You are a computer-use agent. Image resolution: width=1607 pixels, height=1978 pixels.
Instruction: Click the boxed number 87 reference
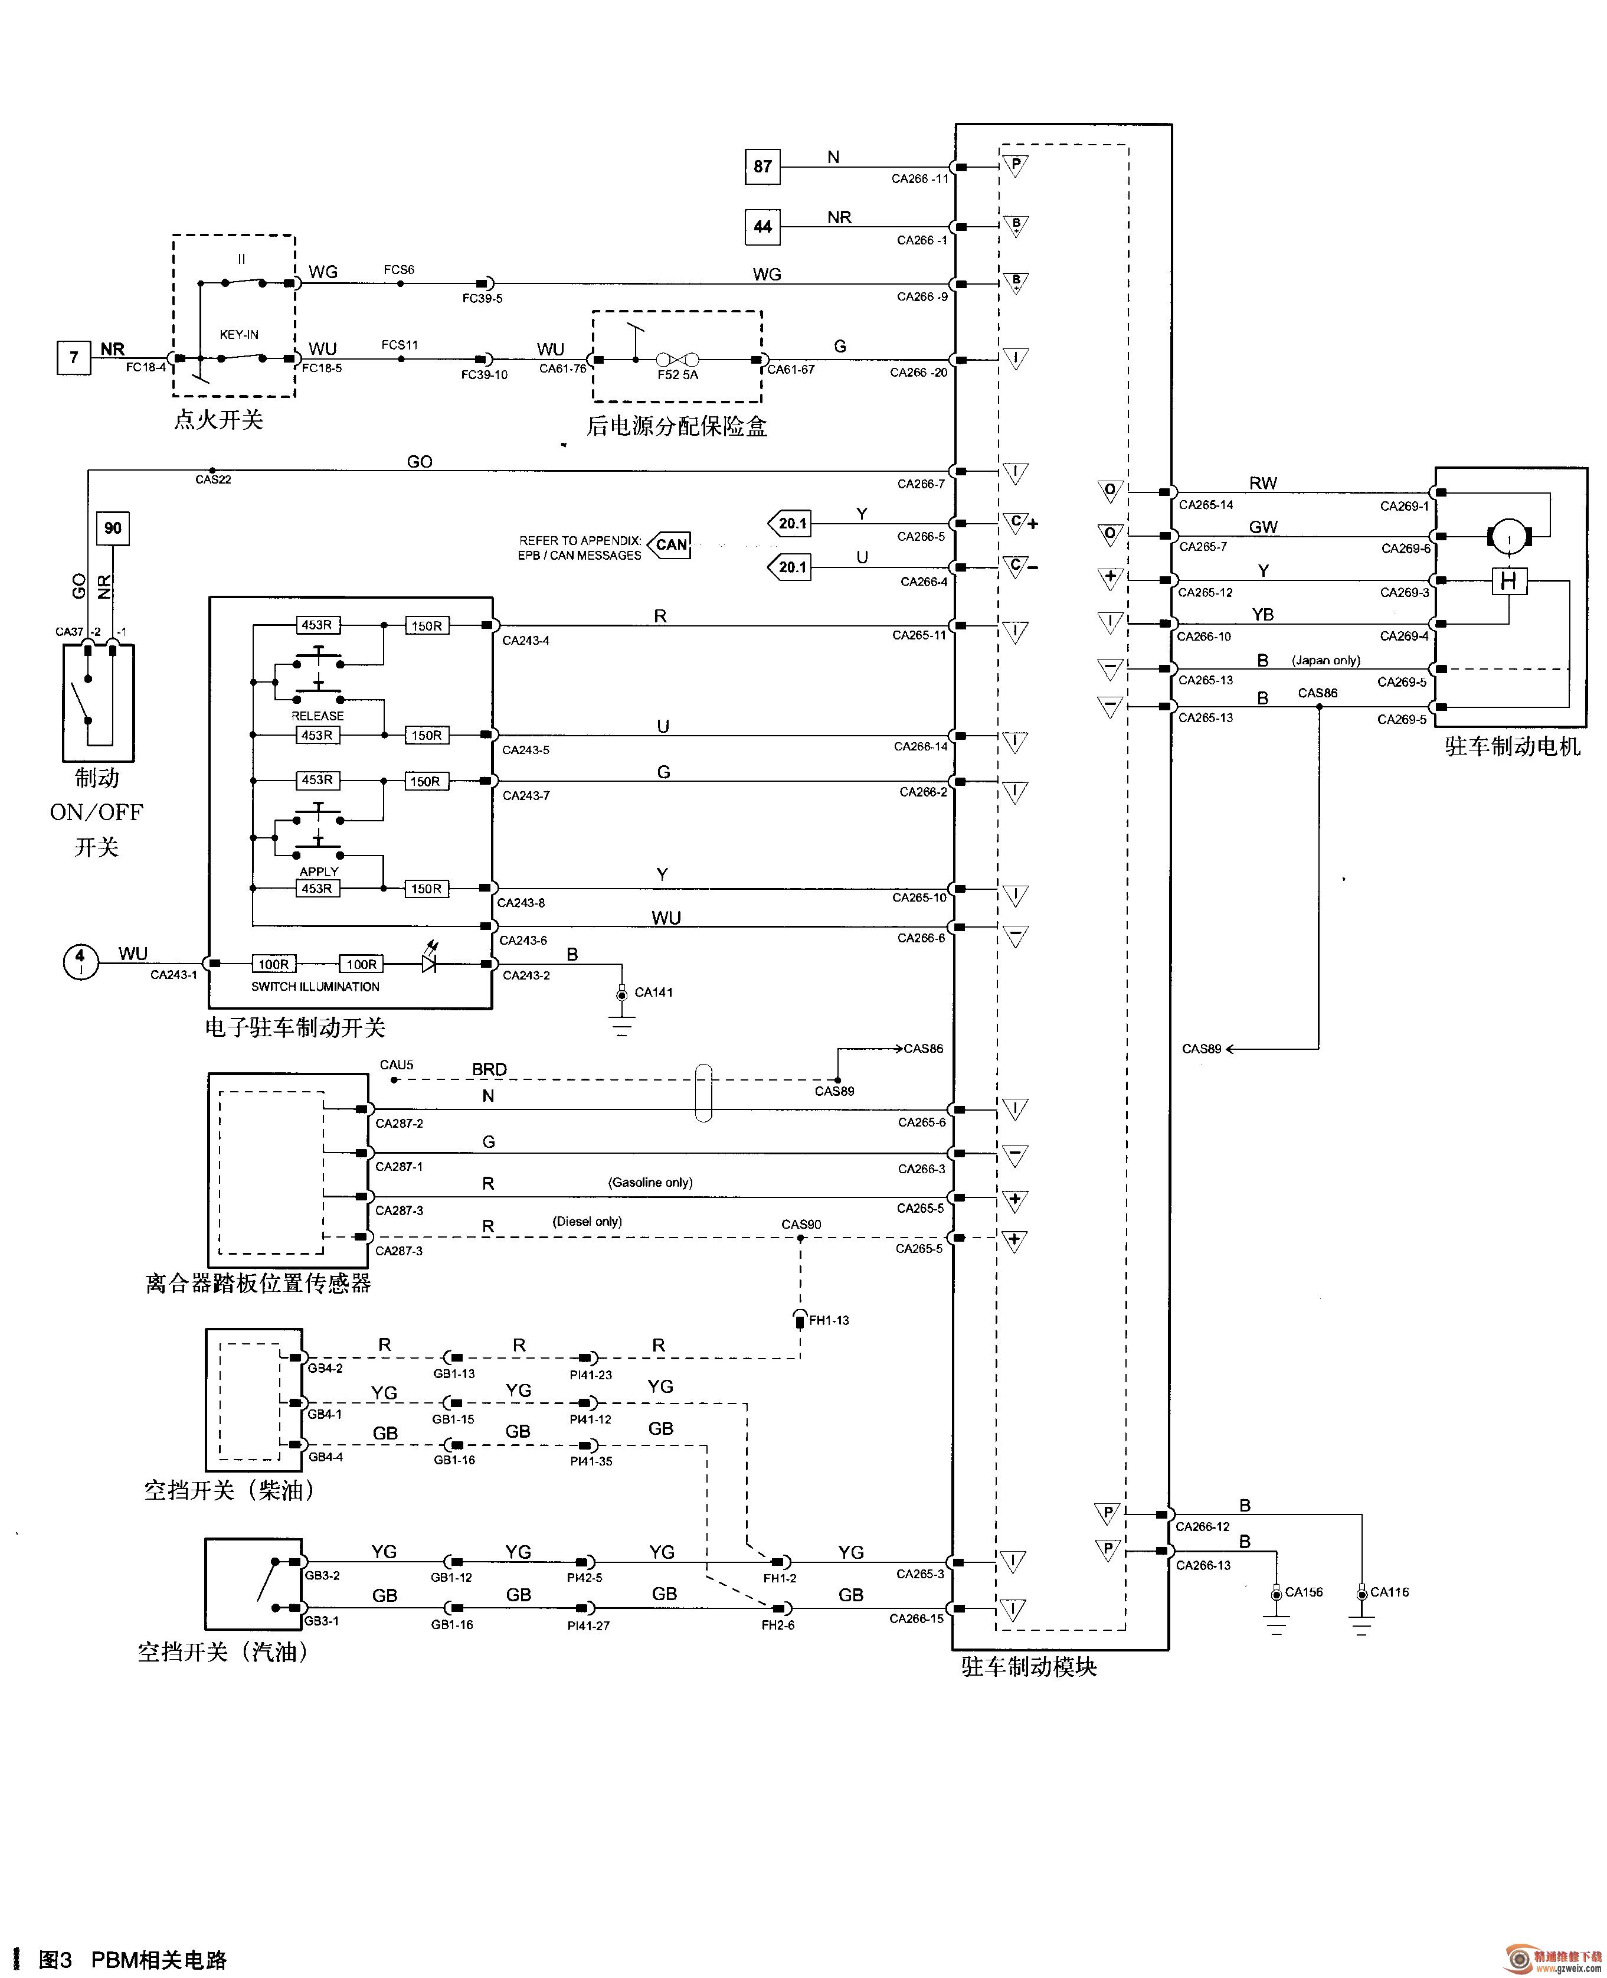tap(762, 167)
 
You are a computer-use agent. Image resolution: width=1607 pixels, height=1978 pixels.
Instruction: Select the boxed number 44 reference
tap(762, 227)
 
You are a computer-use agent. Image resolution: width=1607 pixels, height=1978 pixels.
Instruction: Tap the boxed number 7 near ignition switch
tap(74, 357)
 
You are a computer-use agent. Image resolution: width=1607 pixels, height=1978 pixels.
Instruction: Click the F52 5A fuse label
tap(678, 375)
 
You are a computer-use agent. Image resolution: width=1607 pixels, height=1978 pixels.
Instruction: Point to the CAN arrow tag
tap(669, 544)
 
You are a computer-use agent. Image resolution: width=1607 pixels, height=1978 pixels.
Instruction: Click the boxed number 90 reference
tap(113, 528)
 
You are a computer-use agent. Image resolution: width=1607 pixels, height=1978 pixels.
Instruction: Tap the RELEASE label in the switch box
tap(318, 716)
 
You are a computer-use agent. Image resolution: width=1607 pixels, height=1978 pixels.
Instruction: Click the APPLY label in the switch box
tap(319, 872)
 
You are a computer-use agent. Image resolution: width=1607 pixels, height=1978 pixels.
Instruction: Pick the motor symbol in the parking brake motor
tap(1510, 536)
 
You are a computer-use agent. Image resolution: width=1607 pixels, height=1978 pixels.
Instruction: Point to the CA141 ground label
tap(653, 992)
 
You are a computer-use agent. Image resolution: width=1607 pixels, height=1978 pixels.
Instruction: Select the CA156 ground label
tap(1304, 1592)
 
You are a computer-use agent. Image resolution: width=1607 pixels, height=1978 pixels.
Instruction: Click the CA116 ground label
tap(1389, 1592)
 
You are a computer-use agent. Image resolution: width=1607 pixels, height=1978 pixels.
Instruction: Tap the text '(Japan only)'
tap(1325, 660)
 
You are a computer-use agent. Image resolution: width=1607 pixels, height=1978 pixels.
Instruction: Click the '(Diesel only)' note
tap(587, 1222)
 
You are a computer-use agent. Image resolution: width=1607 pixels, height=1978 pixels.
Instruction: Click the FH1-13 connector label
tap(829, 1320)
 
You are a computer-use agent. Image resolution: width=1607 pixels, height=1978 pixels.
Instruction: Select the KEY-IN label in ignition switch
tap(239, 334)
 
